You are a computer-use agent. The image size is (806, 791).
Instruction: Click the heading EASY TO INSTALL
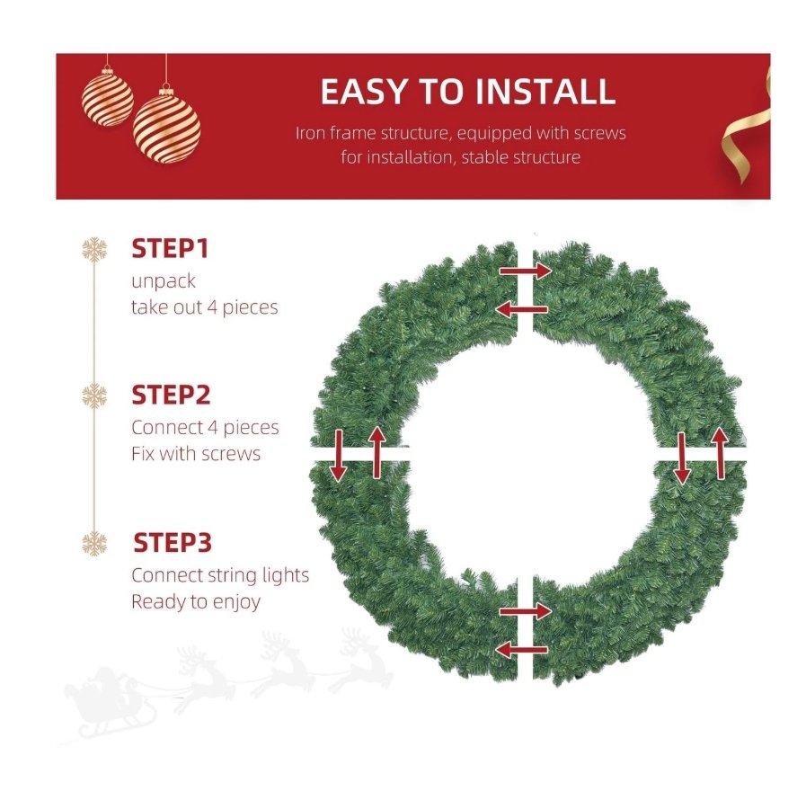pyautogui.click(x=468, y=92)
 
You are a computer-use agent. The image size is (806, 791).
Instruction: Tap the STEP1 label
pyautogui.click(x=170, y=249)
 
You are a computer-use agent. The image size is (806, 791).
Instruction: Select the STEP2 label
pyautogui.click(x=171, y=395)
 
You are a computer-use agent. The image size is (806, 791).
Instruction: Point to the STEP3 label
pyautogui.click(x=173, y=543)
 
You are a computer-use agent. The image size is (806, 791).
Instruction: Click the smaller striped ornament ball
pyautogui.click(x=108, y=98)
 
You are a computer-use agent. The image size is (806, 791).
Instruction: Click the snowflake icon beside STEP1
pyautogui.click(x=94, y=249)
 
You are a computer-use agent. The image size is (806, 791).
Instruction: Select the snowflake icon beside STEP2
pyautogui.click(x=94, y=395)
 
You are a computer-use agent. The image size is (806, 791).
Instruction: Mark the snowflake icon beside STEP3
pyautogui.click(x=94, y=543)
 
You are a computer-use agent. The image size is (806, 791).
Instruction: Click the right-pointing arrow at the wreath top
pyautogui.click(x=526, y=271)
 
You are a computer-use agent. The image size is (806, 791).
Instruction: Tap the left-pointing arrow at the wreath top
pyautogui.click(x=521, y=309)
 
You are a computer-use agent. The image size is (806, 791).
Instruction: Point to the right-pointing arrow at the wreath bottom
pyautogui.click(x=526, y=611)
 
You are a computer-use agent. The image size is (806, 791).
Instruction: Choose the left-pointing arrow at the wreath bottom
pyautogui.click(x=521, y=650)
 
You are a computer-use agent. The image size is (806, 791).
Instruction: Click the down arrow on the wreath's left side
pyautogui.click(x=338, y=456)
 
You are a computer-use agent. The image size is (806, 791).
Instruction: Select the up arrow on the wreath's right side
pyautogui.click(x=720, y=453)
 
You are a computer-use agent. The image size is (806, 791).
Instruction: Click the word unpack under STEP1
pyautogui.click(x=164, y=281)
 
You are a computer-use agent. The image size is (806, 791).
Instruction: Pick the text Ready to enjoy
pyautogui.click(x=196, y=601)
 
